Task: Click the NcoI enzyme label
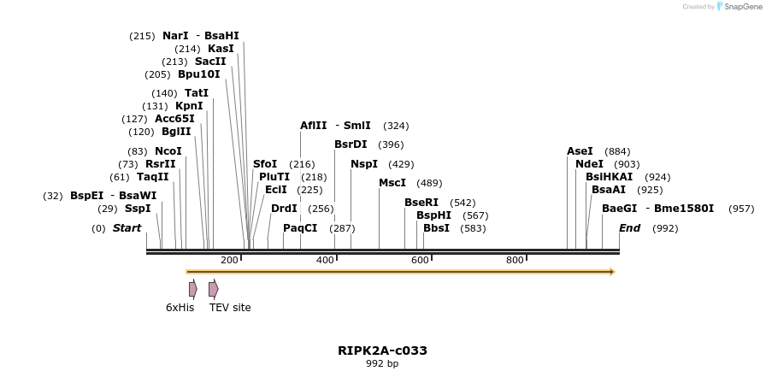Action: click(x=168, y=151)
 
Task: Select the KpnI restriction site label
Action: click(x=189, y=106)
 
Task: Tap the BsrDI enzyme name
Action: click(x=351, y=144)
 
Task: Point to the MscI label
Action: click(x=392, y=183)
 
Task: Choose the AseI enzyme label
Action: click(x=580, y=151)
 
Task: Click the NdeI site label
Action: click(x=589, y=164)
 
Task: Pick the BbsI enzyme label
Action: click(x=436, y=228)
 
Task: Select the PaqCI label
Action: click(x=300, y=228)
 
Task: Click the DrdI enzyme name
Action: click(x=284, y=209)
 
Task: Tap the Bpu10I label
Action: click(x=198, y=74)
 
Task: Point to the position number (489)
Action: click(x=429, y=183)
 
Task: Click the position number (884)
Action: click(x=617, y=151)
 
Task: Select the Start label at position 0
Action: click(x=127, y=228)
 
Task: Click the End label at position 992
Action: click(x=629, y=228)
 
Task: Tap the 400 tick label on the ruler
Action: click(x=326, y=260)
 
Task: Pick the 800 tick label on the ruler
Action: click(x=515, y=260)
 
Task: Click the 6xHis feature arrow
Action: click(x=193, y=289)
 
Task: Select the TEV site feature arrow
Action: click(x=214, y=289)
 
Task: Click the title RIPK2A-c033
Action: click(x=382, y=350)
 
